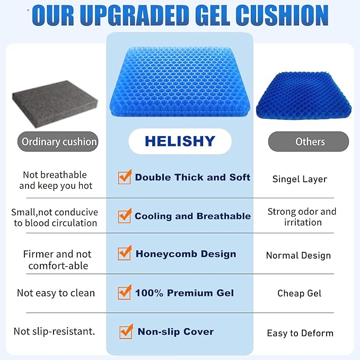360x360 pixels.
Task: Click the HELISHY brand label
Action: pyautogui.click(x=180, y=142)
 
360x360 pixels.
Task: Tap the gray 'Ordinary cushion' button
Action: pyautogui.click(x=58, y=142)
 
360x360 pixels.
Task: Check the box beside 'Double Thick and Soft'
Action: pyautogui.click(x=125, y=177)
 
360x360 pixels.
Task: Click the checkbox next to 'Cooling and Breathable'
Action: pyautogui.click(x=125, y=216)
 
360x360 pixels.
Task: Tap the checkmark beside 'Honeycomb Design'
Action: pyautogui.click(x=125, y=253)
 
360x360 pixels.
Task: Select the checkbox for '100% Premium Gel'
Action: pyautogui.click(x=125, y=292)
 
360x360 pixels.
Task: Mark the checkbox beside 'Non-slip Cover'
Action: pyautogui.click(x=126, y=331)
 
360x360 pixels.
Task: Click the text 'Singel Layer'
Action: pyautogui.click(x=300, y=179)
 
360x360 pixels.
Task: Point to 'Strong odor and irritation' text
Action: pyautogui.click(x=302, y=217)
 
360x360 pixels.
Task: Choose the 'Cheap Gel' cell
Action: pyautogui.click(x=299, y=293)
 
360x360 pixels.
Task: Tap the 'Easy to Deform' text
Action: pyautogui.click(x=300, y=333)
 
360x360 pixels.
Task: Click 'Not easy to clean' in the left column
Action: pyautogui.click(x=56, y=293)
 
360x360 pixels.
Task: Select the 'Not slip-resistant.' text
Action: pyautogui.click(x=55, y=331)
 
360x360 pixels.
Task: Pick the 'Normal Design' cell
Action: pyautogui.click(x=298, y=255)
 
